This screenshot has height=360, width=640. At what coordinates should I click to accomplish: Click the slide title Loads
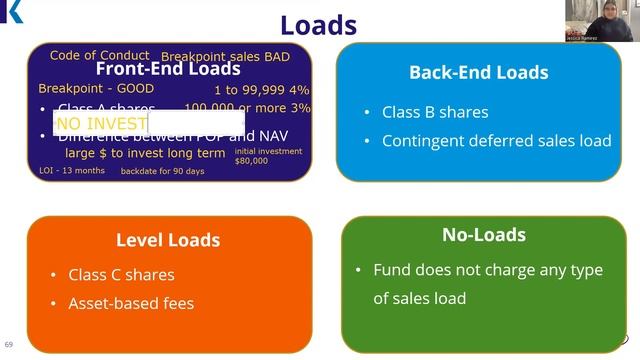(318, 24)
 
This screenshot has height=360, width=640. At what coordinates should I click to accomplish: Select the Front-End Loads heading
(168, 69)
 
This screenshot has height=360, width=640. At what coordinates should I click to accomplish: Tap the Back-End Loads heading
(478, 72)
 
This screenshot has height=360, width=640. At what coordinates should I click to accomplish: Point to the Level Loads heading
(168, 240)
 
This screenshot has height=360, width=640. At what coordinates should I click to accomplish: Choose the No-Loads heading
(484, 235)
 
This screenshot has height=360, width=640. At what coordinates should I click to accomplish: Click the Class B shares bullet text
(435, 112)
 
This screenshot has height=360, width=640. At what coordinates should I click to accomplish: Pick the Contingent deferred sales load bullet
(496, 141)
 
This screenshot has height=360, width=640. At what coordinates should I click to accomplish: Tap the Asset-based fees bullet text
(131, 303)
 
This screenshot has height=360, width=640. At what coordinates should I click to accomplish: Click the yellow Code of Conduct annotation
(100, 55)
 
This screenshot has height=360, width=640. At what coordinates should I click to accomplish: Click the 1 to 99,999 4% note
(262, 89)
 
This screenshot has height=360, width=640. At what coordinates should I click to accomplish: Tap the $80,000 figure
(252, 161)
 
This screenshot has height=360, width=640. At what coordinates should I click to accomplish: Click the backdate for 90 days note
(162, 171)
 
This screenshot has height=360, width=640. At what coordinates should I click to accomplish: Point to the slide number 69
(9, 343)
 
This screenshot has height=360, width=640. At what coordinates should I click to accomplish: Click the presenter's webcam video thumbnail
(598, 21)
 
